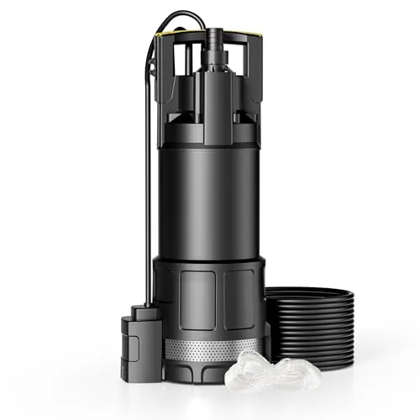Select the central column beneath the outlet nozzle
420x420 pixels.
213,92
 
